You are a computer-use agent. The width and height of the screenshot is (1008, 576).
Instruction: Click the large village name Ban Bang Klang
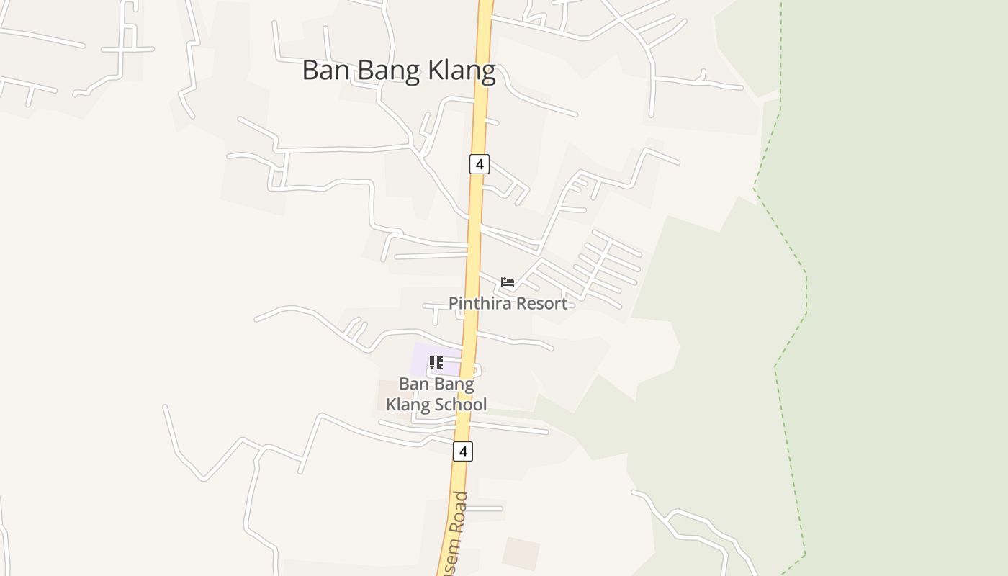click(x=399, y=71)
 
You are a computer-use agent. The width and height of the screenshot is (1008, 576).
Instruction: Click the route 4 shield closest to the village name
click(x=479, y=164)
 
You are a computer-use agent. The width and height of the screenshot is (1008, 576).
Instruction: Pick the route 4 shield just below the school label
click(x=462, y=451)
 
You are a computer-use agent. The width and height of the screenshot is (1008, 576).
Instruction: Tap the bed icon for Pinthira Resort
click(x=508, y=282)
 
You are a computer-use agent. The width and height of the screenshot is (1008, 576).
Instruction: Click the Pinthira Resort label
click(x=508, y=303)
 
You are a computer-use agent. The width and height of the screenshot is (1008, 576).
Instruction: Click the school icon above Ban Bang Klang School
click(x=436, y=363)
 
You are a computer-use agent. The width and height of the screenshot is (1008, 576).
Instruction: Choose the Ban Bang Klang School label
click(x=436, y=394)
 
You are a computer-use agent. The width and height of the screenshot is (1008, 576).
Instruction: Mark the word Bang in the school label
click(x=454, y=384)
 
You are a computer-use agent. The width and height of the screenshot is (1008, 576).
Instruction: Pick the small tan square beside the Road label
click(x=521, y=552)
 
